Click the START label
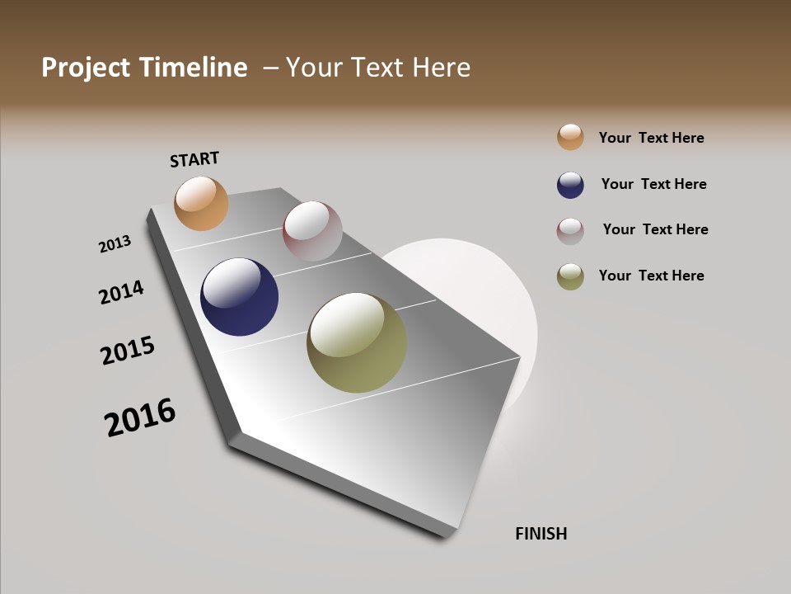pos(194,159)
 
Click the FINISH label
pos(541,534)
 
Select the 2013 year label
pos(115,244)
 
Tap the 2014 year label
pos(121,292)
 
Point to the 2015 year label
pos(128,351)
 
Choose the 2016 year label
pos(140,417)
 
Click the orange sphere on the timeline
pos(201,203)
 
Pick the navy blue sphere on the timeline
pos(239,297)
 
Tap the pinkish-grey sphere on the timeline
pos(312,231)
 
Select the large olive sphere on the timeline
pos(357,342)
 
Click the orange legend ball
pos(570,137)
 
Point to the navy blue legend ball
pos(570,185)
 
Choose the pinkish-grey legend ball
pos(570,230)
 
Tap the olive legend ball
pos(570,276)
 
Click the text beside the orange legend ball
pos(651,138)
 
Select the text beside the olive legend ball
pos(651,276)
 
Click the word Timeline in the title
pos(194,68)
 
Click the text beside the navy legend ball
pos(653,184)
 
